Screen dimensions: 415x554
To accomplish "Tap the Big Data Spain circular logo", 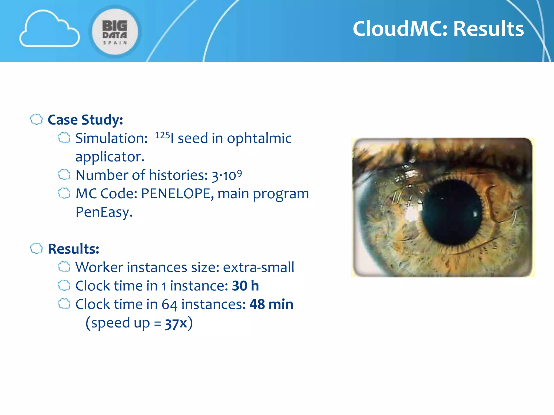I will (x=115, y=32).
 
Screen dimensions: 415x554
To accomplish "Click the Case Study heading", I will (x=85, y=120).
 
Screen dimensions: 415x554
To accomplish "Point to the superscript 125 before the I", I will (x=162, y=135).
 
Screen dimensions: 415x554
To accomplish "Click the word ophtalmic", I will (x=259, y=138).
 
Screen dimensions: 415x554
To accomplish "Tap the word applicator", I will (x=110, y=157).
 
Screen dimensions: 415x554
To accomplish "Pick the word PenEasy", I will (x=104, y=212).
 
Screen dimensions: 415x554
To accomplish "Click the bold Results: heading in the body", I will (x=73, y=249).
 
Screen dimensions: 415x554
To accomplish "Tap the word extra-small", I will (x=258, y=267).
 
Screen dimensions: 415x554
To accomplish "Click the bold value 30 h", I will (x=245, y=286).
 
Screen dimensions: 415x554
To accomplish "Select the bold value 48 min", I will (x=271, y=304).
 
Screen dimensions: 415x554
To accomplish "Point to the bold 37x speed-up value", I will (x=176, y=323).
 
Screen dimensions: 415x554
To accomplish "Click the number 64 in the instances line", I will (x=169, y=305).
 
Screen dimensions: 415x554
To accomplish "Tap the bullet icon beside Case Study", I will (x=36, y=119).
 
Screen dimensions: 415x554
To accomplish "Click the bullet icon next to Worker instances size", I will (x=64, y=267).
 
